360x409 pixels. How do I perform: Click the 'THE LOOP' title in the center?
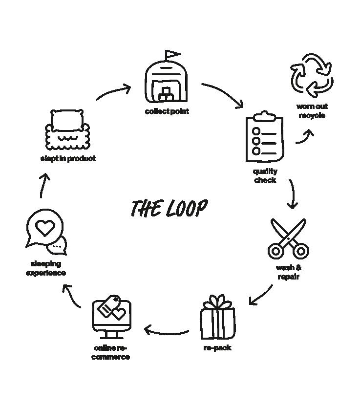169,208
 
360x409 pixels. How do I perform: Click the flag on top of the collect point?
172,54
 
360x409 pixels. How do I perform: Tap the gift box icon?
217,320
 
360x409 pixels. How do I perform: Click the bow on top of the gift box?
218,302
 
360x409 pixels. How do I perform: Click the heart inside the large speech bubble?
45,227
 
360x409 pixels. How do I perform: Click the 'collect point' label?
167,111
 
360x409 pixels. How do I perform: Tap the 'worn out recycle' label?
312,111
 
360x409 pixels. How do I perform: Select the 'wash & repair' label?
288,272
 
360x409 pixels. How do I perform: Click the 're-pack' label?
217,348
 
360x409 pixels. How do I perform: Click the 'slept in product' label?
68,158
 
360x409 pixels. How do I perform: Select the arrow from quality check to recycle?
305,136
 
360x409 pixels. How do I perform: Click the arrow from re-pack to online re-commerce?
166,332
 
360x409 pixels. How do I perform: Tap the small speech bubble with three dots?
59,246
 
